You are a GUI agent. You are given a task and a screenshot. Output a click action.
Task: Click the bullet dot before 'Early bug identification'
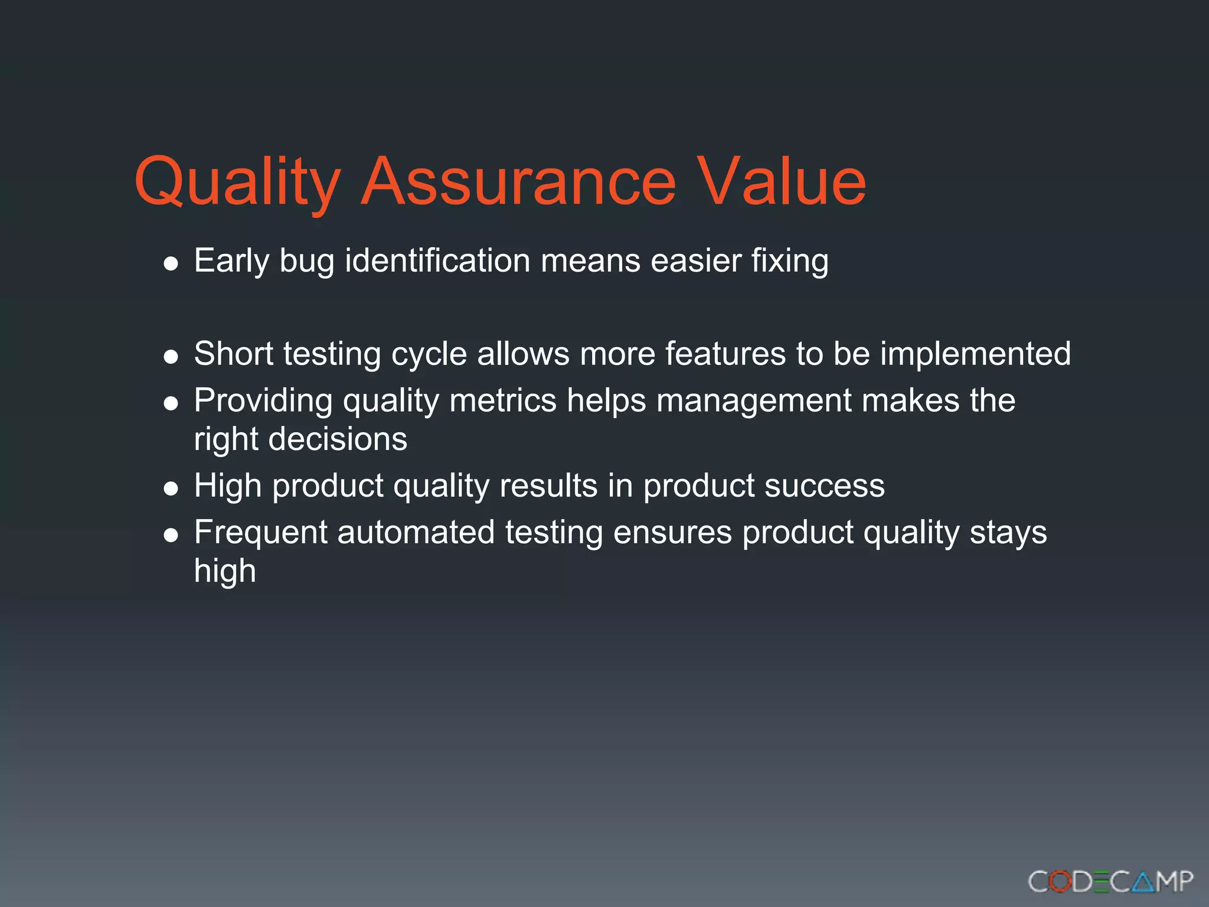click(x=171, y=263)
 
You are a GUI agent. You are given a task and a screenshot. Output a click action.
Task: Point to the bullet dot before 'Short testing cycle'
click(x=171, y=357)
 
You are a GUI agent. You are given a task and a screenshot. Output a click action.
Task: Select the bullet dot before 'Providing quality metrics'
click(x=171, y=403)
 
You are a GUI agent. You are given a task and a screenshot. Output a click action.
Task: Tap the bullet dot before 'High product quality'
click(x=171, y=488)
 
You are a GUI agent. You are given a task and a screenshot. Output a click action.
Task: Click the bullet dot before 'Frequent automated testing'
click(x=171, y=535)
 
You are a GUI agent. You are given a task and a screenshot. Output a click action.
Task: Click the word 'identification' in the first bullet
click(x=437, y=260)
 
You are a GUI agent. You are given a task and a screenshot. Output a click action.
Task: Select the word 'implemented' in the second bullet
click(x=975, y=354)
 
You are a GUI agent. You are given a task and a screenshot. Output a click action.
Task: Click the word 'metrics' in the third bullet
click(x=503, y=400)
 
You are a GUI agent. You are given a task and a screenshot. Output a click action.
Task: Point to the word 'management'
click(x=754, y=402)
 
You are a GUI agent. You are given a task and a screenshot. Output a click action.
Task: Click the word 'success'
click(x=824, y=486)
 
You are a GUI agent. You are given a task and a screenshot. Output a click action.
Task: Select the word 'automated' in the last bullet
click(x=416, y=532)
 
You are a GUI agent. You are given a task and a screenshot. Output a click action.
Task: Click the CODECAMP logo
click(x=1110, y=882)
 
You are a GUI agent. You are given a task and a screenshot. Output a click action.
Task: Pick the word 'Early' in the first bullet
click(x=231, y=262)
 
